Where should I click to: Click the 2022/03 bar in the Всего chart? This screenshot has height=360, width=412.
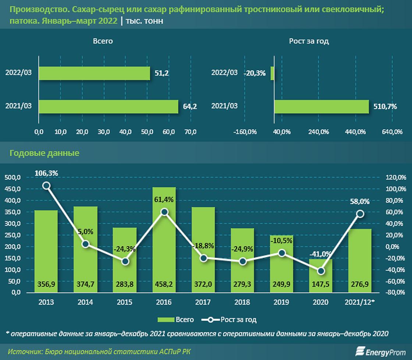[94, 73]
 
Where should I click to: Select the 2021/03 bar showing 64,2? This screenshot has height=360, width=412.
[109, 106]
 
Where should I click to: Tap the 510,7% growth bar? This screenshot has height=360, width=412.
[321, 106]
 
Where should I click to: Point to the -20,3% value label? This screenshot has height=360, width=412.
[254, 73]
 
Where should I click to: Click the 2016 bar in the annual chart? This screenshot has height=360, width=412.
[164, 239]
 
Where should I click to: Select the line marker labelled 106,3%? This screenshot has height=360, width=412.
[46, 186]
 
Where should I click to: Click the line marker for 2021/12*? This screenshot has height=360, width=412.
[360, 213]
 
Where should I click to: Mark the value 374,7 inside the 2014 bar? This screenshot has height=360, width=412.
[85, 284]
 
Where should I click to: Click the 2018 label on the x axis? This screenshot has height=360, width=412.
[243, 303]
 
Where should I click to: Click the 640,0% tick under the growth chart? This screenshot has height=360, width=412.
[392, 132]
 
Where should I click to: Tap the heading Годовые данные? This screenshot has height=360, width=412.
[45, 153]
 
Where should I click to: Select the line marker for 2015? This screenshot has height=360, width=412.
[125, 261]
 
